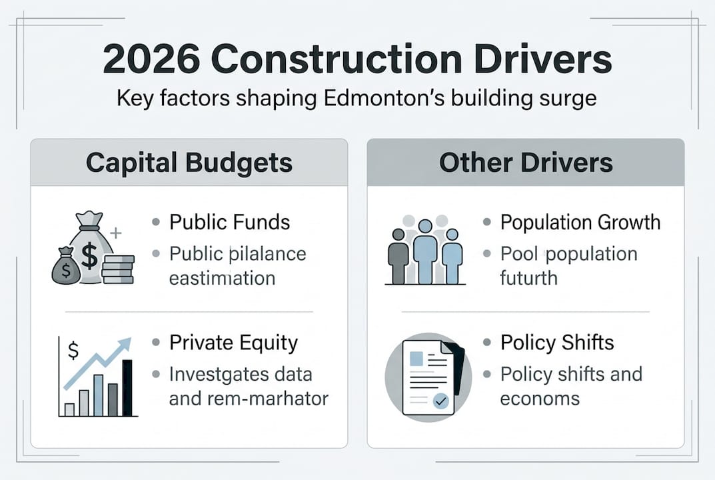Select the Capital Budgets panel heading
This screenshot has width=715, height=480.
(x=189, y=163)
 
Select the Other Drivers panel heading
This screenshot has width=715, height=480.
(x=526, y=163)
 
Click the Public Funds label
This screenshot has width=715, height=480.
(x=230, y=222)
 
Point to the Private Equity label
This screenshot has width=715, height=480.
(x=233, y=343)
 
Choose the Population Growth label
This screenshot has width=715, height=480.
(x=580, y=222)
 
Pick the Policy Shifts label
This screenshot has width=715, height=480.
(x=557, y=343)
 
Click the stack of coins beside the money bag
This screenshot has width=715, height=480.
(x=119, y=269)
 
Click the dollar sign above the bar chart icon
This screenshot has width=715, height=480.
(x=73, y=349)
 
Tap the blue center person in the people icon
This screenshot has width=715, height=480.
(x=425, y=250)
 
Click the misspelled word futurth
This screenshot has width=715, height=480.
(x=528, y=277)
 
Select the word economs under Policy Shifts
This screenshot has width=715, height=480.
(x=540, y=398)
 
